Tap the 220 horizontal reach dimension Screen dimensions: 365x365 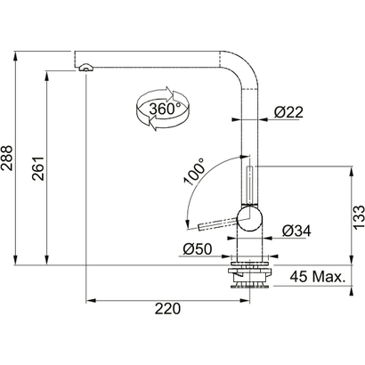coord(167,309)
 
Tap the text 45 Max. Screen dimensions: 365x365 coord(319,279)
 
